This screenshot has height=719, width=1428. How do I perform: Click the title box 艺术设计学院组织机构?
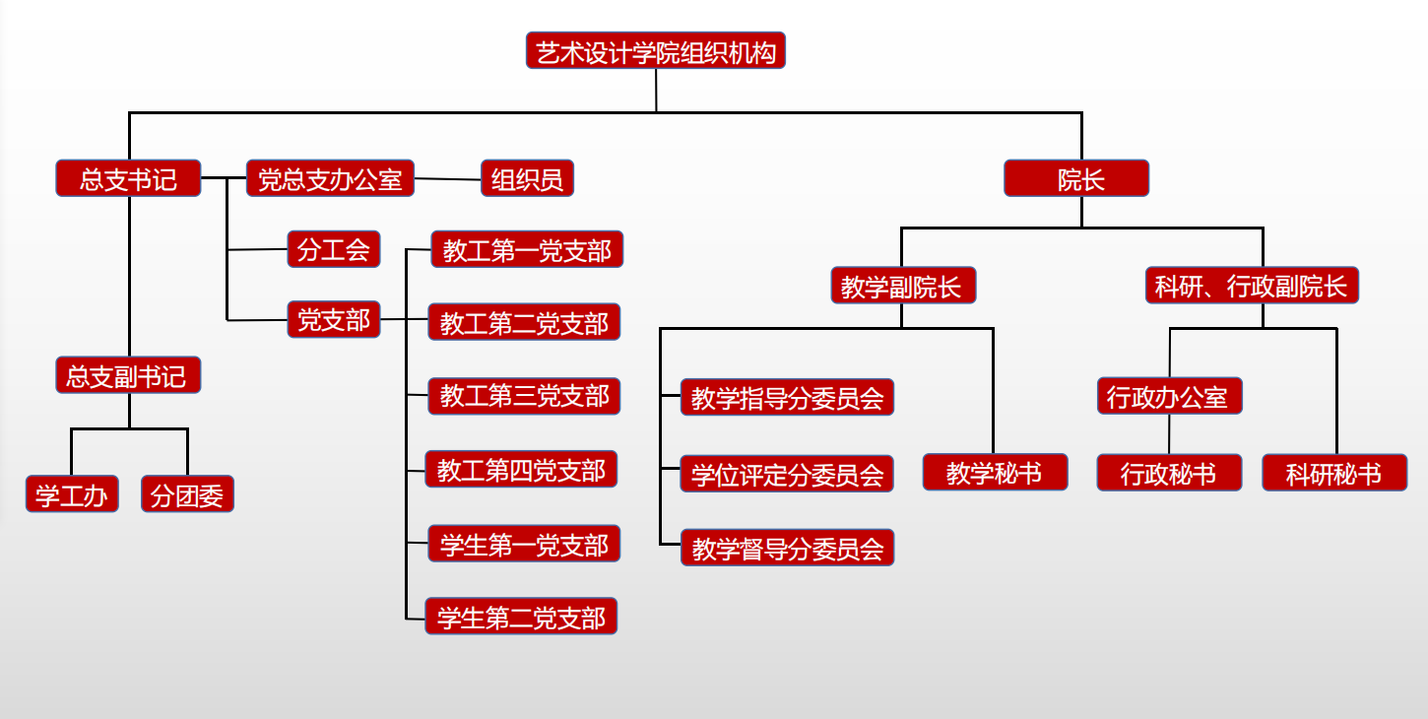(x=656, y=51)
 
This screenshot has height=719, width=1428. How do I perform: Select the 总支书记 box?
(x=128, y=178)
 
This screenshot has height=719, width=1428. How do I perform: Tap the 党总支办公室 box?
(x=330, y=178)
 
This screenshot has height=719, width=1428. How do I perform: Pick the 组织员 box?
(x=527, y=178)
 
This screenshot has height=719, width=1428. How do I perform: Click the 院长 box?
(x=1076, y=178)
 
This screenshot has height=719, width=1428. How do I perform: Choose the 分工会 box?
(x=334, y=249)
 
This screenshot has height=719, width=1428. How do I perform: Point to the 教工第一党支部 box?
(x=527, y=249)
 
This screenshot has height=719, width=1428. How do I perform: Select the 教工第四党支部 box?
(x=521, y=470)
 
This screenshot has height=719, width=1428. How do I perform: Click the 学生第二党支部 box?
(x=521, y=617)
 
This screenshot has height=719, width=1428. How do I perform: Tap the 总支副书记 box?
(x=128, y=375)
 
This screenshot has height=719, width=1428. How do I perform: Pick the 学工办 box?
(x=72, y=494)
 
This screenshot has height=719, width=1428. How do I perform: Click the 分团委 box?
(x=187, y=494)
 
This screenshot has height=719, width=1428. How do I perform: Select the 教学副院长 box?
(x=903, y=286)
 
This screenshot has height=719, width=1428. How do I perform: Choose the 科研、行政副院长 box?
(x=1252, y=286)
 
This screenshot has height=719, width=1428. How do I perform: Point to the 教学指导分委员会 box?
(x=787, y=397)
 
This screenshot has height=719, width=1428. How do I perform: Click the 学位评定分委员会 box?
(x=787, y=474)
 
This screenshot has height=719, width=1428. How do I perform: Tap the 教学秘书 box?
(x=995, y=472)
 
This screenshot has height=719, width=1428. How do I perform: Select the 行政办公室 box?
(x=1169, y=396)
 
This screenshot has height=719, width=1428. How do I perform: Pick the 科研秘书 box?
(x=1334, y=473)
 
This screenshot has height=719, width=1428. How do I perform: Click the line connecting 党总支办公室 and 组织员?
(x=447, y=179)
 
